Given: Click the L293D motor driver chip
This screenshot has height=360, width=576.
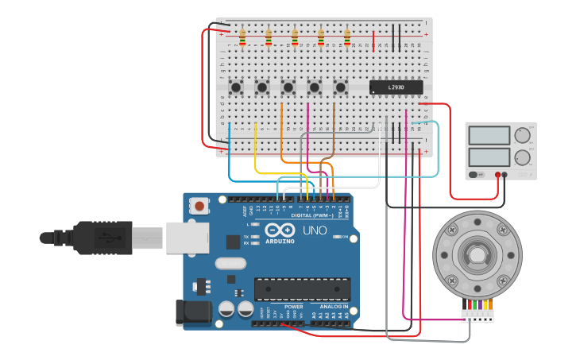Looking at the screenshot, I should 396,87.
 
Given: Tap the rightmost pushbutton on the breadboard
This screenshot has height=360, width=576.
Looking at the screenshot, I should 341,87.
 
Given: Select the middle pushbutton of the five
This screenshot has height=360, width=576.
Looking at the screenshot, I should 288,87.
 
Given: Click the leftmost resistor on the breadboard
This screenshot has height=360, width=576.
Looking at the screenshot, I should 242,37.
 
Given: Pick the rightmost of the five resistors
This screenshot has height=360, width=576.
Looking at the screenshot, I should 347,37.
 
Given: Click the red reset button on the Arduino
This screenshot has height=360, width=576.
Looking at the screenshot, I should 199,206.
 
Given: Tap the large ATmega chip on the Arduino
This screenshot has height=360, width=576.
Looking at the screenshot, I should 302,288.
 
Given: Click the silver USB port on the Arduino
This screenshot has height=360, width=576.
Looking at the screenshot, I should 187,238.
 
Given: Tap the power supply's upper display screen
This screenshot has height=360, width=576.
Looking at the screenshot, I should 489,135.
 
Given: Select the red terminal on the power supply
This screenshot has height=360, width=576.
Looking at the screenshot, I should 498,175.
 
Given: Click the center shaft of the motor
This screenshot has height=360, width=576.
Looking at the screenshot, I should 477,254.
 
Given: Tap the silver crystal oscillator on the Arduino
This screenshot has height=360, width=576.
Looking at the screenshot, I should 230,263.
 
